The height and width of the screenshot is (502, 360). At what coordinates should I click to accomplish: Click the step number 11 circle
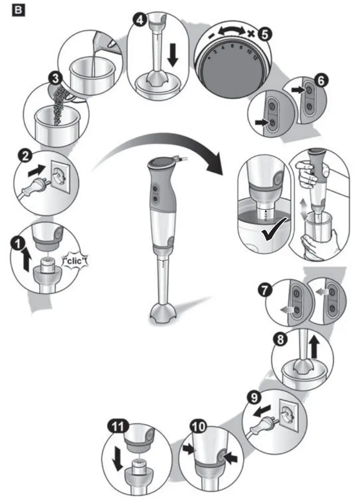point(120,428)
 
